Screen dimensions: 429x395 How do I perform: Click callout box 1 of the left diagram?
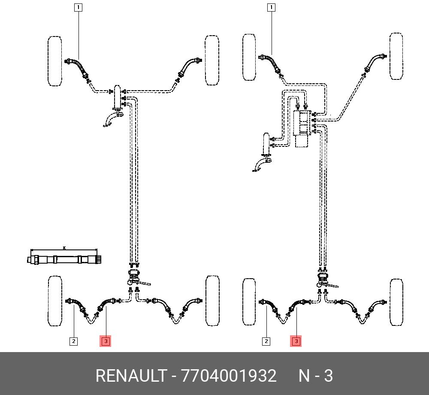pos(78,7)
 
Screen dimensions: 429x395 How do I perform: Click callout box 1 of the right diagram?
pos(271,7)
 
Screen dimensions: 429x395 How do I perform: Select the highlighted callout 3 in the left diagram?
pos(106,341)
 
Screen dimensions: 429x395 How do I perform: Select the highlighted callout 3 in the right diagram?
pos(296,341)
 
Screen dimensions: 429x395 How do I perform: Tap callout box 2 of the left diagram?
pos(73,341)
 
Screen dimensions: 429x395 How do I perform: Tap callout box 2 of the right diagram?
pos(266,341)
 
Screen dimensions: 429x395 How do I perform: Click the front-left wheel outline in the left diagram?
pos(55,61)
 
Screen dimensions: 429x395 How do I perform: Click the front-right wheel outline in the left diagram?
pos(212,60)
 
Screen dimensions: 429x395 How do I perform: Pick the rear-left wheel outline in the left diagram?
pos(55,301)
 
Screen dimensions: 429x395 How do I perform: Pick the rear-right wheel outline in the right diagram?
pos(396,302)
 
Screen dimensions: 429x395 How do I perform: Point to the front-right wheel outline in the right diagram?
pos(396,56)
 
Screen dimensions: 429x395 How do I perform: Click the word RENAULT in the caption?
pos(131,376)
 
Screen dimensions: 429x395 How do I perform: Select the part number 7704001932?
pos(229,376)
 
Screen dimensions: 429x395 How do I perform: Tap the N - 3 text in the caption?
pos(315,376)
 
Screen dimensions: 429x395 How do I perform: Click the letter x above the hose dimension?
pos(64,248)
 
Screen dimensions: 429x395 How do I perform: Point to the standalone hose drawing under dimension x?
pos(65,259)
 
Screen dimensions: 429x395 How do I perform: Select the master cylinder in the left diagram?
pos(117,97)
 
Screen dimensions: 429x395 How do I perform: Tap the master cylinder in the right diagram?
pos(266,143)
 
